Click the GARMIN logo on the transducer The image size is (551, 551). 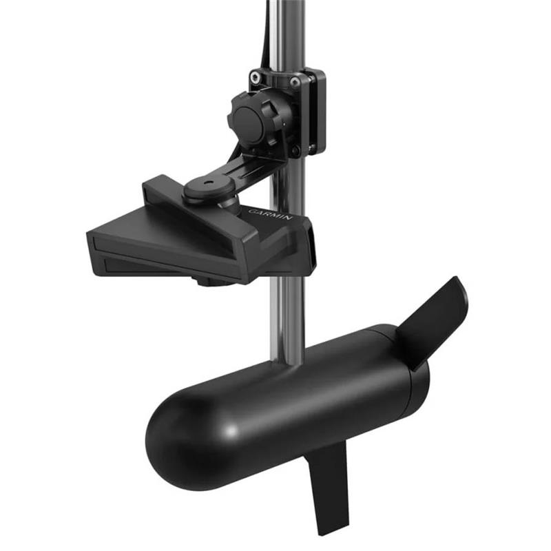click(x=270, y=214)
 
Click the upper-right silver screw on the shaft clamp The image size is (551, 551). click(x=295, y=83)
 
